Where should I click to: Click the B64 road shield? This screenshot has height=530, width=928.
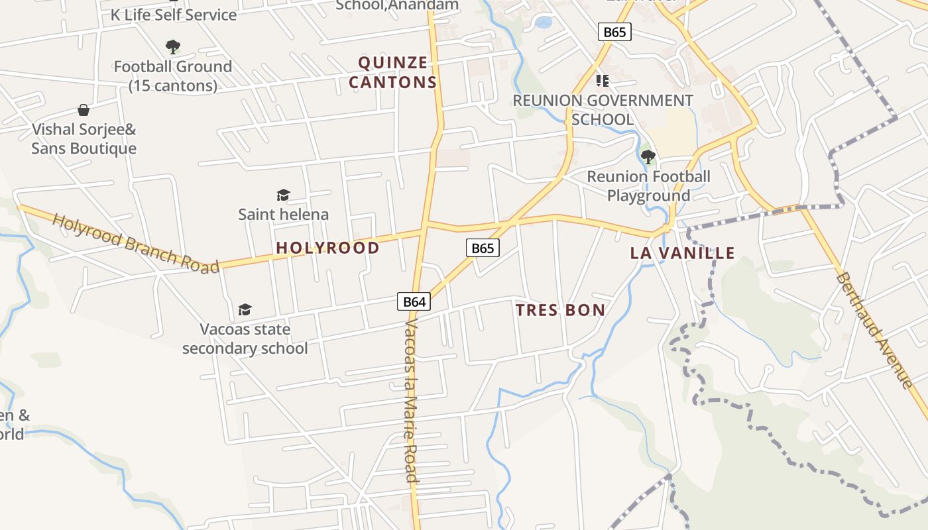414,302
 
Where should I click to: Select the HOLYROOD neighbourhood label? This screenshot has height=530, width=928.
327,248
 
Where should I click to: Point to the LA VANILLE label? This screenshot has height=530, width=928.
682,252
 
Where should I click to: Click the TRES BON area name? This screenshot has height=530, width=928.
560,310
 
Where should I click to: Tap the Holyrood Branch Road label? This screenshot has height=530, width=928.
136,243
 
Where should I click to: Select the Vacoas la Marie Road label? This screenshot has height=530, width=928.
412,401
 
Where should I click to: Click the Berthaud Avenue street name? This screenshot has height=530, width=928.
874,330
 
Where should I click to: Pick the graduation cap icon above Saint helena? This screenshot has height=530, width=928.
283,195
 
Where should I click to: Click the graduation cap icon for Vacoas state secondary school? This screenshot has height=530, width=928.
245,309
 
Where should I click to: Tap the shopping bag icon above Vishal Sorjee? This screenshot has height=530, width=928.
84,109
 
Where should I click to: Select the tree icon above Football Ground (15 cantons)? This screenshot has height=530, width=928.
172,47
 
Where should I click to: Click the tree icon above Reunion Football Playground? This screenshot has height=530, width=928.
648,157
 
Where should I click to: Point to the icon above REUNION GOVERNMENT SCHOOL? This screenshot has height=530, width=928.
602,81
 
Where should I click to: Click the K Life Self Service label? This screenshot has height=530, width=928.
173,15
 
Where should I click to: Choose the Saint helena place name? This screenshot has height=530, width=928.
283,214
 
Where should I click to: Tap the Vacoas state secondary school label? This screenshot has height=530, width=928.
245,339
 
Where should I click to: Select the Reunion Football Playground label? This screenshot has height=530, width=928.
648,186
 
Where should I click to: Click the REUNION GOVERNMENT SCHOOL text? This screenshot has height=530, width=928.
603,110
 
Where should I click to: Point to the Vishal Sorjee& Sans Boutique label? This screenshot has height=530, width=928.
84,138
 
